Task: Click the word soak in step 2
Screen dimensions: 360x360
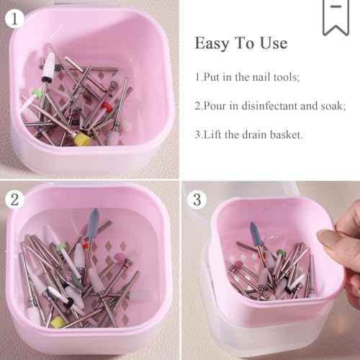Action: (x=330, y=105)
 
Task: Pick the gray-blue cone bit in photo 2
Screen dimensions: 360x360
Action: (x=94, y=219)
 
